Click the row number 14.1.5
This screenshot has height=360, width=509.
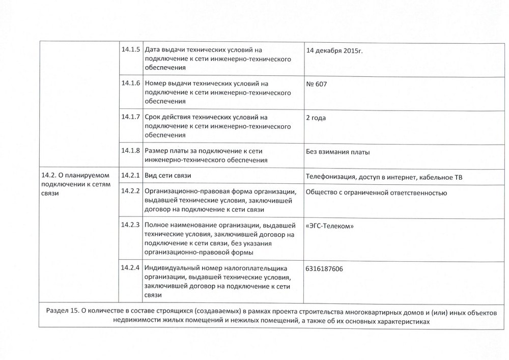[131, 50]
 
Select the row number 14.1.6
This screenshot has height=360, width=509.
[131, 83]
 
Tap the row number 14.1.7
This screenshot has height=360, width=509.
[131, 117]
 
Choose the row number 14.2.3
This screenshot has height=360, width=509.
[131, 225]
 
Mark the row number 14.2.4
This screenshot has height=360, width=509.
[131, 268]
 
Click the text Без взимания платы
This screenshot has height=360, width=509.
[337, 152]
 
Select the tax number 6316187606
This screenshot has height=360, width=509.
[325, 268]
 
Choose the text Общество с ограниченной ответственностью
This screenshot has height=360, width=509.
[376, 192]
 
